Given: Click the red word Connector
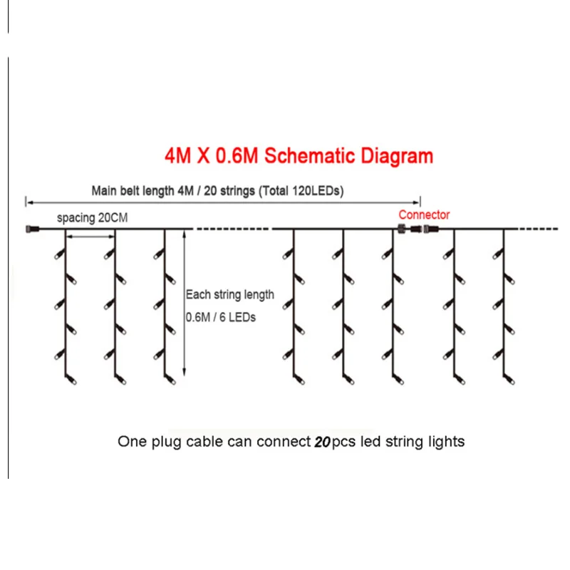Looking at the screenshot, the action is (424, 214).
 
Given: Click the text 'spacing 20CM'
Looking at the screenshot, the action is (93, 218).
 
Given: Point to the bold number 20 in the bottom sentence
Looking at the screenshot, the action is (322, 442).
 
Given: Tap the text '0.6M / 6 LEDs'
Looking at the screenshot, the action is (220, 316).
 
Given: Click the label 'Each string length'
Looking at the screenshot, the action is (229, 294).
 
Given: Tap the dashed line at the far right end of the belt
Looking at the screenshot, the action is (537, 229).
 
